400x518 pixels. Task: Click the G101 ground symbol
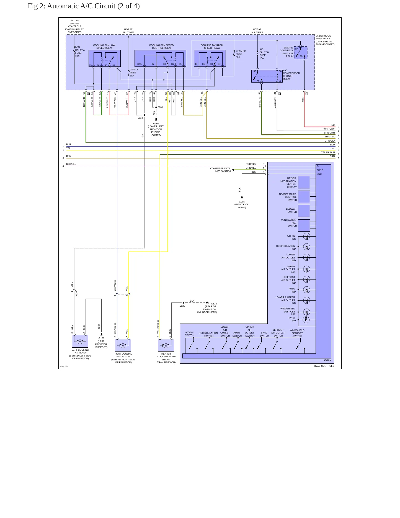(156, 120)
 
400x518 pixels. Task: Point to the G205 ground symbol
(242, 198)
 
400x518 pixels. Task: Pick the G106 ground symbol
(102, 335)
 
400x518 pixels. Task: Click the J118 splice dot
(144, 115)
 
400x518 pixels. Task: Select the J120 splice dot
(183, 303)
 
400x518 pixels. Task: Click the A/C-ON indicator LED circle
(306, 237)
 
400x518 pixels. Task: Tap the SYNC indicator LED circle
(306, 320)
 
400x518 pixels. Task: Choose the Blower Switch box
(304, 211)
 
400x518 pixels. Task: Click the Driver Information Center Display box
(304, 182)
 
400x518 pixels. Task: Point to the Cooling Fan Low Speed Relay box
(105, 58)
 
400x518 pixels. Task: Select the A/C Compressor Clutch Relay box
(267, 76)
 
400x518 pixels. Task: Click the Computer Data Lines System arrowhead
(233, 170)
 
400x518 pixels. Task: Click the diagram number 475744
(64, 366)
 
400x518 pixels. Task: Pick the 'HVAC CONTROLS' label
(324, 366)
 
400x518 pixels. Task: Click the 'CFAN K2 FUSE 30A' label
(241, 54)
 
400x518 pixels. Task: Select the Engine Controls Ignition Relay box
(301, 52)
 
